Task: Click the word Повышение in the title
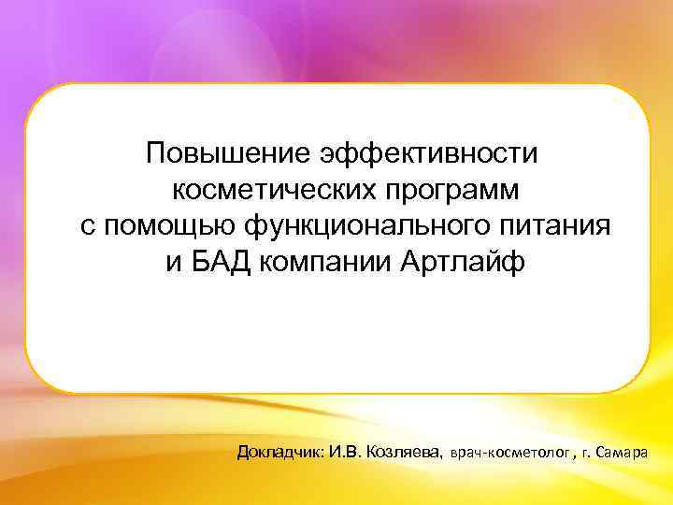(x=228, y=151)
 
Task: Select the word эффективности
(x=430, y=151)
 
